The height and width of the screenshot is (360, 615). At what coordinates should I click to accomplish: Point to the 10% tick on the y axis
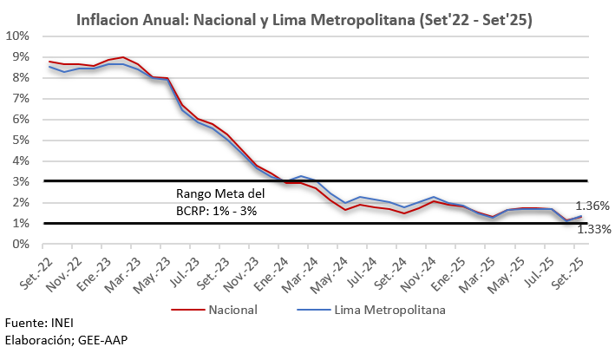coord(17,36)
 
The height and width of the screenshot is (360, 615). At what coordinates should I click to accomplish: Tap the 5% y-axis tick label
coord(20,140)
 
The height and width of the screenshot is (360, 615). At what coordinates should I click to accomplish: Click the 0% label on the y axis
coord(20,244)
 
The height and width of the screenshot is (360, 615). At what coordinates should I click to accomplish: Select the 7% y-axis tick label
coord(20,98)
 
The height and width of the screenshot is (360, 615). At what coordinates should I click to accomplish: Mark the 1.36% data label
coord(592,206)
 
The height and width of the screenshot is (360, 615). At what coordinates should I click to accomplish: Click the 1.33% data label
coord(592,229)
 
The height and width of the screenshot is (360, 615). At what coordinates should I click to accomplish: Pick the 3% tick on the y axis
coord(20,181)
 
